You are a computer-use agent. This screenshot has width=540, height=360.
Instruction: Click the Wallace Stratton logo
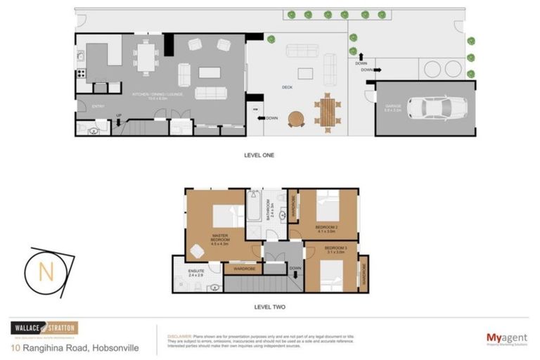click(44, 328)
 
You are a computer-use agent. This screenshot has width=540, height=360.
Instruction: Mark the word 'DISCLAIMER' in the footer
click(180, 336)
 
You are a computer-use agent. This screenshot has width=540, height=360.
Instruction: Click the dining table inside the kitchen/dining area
click(146, 56)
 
